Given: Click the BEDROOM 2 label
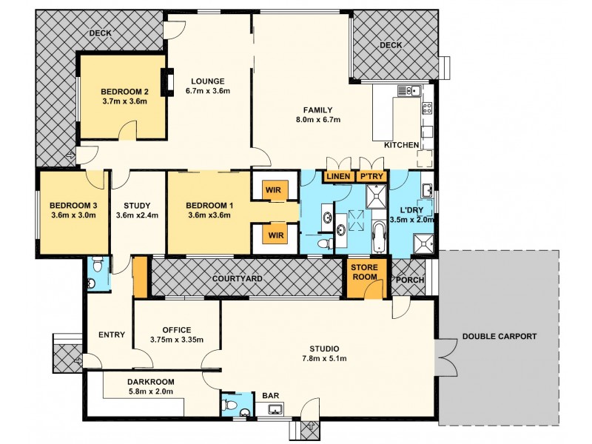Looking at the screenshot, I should (x=125, y=92).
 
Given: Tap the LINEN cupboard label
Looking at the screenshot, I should (x=337, y=177).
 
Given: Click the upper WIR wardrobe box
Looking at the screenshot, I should (x=275, y=190).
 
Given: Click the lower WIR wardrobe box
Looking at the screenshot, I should (x=275, y=236).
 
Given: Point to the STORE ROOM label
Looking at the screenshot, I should (x=365, y=272).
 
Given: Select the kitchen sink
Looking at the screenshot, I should (x=407, y=91).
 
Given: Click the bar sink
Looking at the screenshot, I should (x=272, y=411).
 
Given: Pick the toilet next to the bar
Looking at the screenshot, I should (x=229, y=405).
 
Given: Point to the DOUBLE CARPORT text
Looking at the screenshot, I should (x=499, y=336).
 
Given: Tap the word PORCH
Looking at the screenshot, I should (x=410, y=280).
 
